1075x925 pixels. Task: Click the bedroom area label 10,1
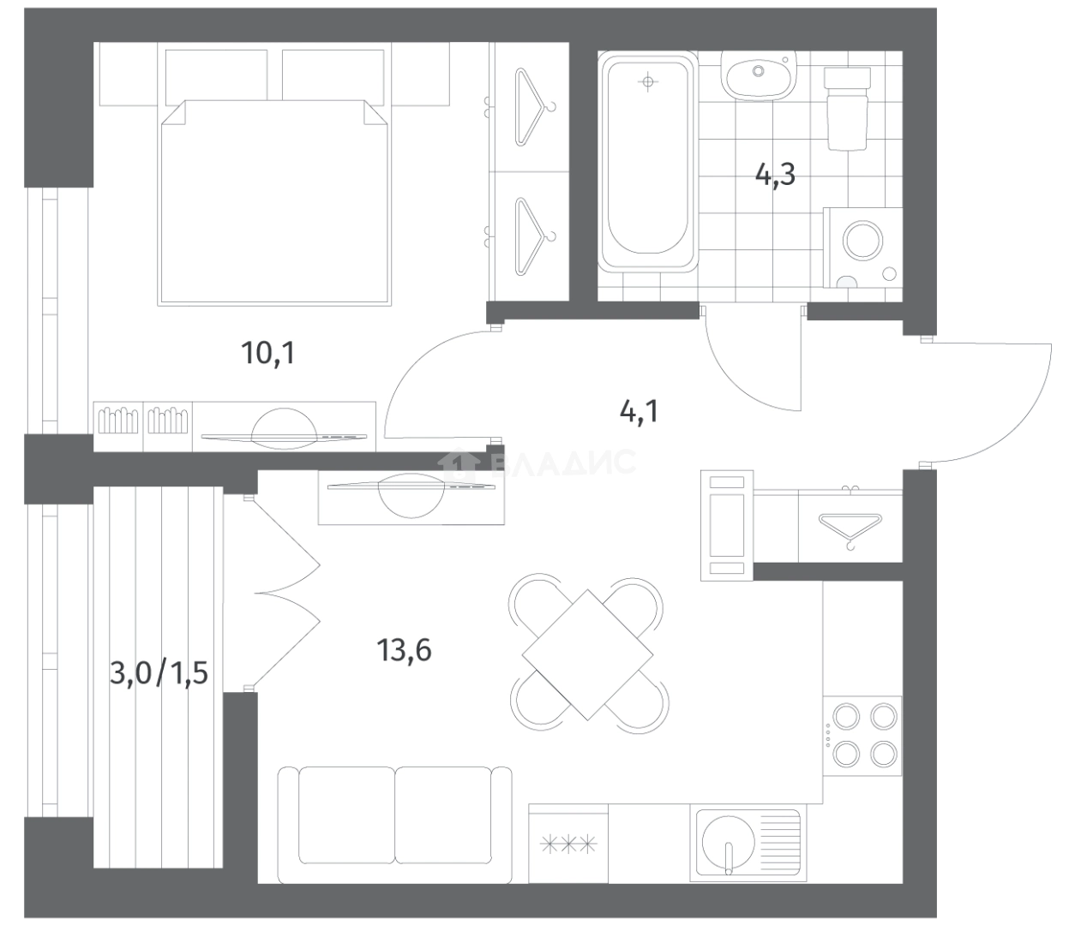pyautogui.click(x=268, y=354)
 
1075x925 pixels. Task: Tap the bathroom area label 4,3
pyautogui.click(x=775, y=175)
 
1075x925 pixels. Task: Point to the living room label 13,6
pyautogui.click(x=404, y=650)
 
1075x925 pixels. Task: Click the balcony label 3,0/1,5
pyautogui.click(x=159, y=673)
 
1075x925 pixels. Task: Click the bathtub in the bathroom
pyautogui.click(x=647, y=161)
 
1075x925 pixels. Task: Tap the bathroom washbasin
pyautogui.click(x=759, y=75)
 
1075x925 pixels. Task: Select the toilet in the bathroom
pyautogui.click(x=847, y=109)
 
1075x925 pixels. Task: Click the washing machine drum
pyautogui.click(x=862, y=242)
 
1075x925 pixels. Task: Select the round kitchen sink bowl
pyautogui.click(x=728, y=842)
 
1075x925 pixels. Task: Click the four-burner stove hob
pyautogui.click(x=862, y=736)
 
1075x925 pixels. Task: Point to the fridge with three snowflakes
pyautogui.click(x=568, y=843)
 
